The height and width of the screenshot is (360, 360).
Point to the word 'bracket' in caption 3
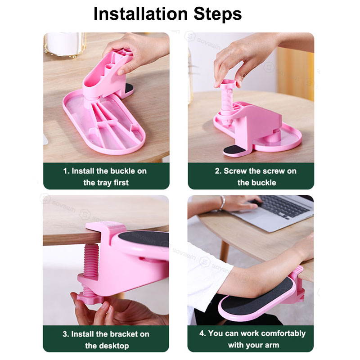[110, 334]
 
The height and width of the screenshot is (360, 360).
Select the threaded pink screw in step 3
[91, 261]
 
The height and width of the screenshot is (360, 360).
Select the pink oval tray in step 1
[103, 130]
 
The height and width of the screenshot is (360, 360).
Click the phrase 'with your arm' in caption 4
[253, 346]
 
